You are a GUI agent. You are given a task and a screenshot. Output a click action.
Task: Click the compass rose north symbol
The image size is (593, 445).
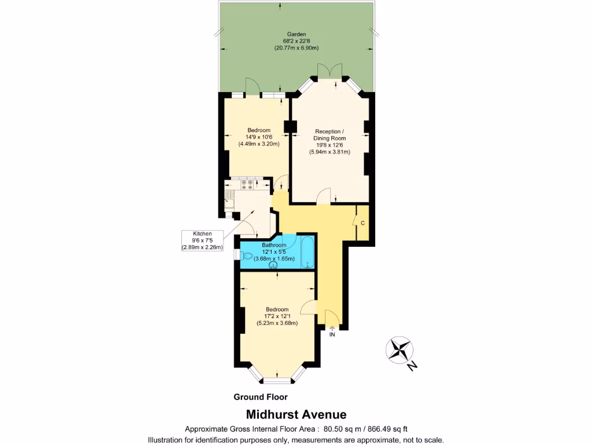tap(400, 350)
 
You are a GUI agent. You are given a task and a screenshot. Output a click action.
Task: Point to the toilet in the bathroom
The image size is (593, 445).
tap(248, 256)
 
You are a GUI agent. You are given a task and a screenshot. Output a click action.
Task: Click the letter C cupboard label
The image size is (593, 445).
tap(363, 223)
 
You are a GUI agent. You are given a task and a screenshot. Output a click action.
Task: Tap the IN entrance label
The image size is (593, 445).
tap(332, 335)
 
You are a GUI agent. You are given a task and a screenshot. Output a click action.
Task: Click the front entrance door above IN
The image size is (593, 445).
tap(332, 319)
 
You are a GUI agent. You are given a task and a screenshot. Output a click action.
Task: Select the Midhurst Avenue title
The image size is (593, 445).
tap(296, 414)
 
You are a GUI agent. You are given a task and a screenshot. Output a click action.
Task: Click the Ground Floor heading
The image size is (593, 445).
tap(261, 397)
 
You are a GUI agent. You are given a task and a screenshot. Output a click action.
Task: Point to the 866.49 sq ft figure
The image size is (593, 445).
tap(385, 429)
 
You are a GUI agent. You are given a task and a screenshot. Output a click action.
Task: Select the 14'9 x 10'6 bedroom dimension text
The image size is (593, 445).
tap(255, 137)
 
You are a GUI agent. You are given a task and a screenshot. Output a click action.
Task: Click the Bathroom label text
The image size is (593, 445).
tap(273, 245)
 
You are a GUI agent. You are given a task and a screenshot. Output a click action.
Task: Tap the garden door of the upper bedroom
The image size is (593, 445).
tap(251, 87)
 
